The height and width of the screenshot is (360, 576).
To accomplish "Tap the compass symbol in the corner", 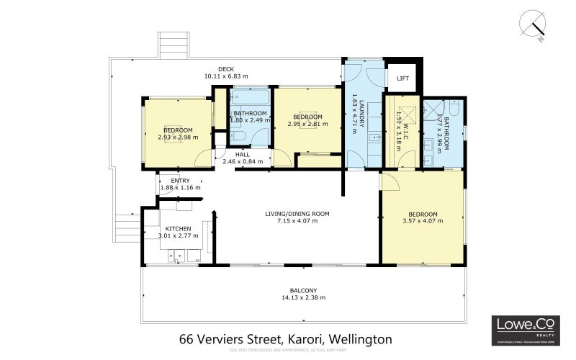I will point(534,24).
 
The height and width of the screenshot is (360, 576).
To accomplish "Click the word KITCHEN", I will point(178,228).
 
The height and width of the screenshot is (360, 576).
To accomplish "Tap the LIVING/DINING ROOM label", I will point(297,213).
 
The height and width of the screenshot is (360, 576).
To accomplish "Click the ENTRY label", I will point(179,180).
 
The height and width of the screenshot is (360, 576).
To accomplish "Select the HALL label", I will point(243,154).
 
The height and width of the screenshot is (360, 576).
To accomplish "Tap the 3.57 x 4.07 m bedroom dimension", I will point(423,222).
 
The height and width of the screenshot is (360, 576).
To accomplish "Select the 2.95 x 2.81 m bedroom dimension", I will point(307,123).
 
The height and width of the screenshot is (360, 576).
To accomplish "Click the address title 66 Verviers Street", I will point(285,338).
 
